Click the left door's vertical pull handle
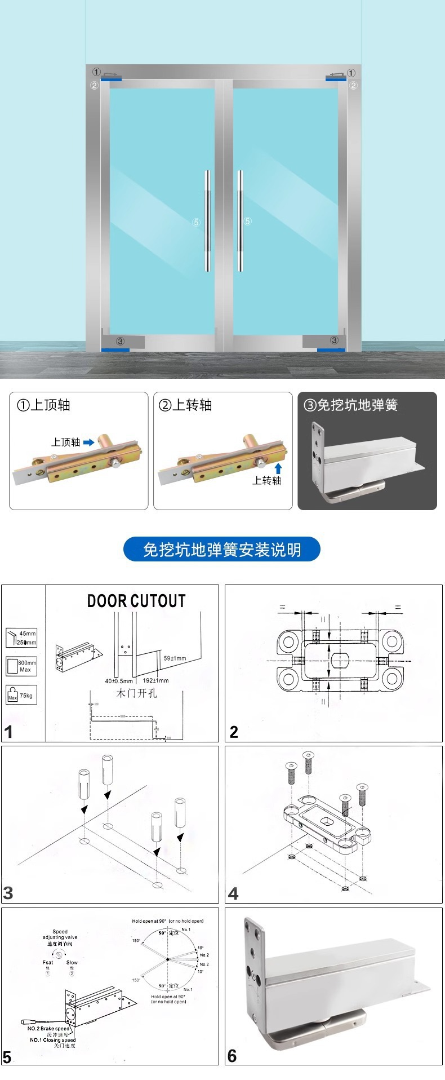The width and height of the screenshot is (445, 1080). (x=207, y=220)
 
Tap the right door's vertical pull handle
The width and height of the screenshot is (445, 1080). (x=241, y=220)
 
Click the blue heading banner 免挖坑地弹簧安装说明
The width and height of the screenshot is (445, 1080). (x=221, y=550)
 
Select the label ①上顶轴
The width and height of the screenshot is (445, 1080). (x=43, y=405)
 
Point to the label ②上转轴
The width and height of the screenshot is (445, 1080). (x=185, y=405)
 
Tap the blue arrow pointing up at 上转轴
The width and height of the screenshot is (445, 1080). (x=277, y=468)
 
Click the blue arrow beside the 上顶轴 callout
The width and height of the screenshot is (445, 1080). (x=88, y=442)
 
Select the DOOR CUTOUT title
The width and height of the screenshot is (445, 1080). (x=136, y=601)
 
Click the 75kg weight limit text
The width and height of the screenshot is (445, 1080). (x=26, y=696)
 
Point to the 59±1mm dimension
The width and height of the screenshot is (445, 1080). (x=175, y=658)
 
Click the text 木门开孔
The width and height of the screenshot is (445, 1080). (x=136, y=693)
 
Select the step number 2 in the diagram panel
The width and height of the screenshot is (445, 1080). (x=234, y=732)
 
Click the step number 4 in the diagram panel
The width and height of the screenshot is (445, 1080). (x=233, y=893)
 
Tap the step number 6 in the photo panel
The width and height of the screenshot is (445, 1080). (x=232, y=1056)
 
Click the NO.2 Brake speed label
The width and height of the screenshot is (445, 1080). (x=48, y=1029)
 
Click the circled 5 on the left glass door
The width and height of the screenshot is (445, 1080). (x=196, y=223)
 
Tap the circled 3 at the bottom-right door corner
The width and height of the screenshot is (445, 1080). (x=334, y=340)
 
